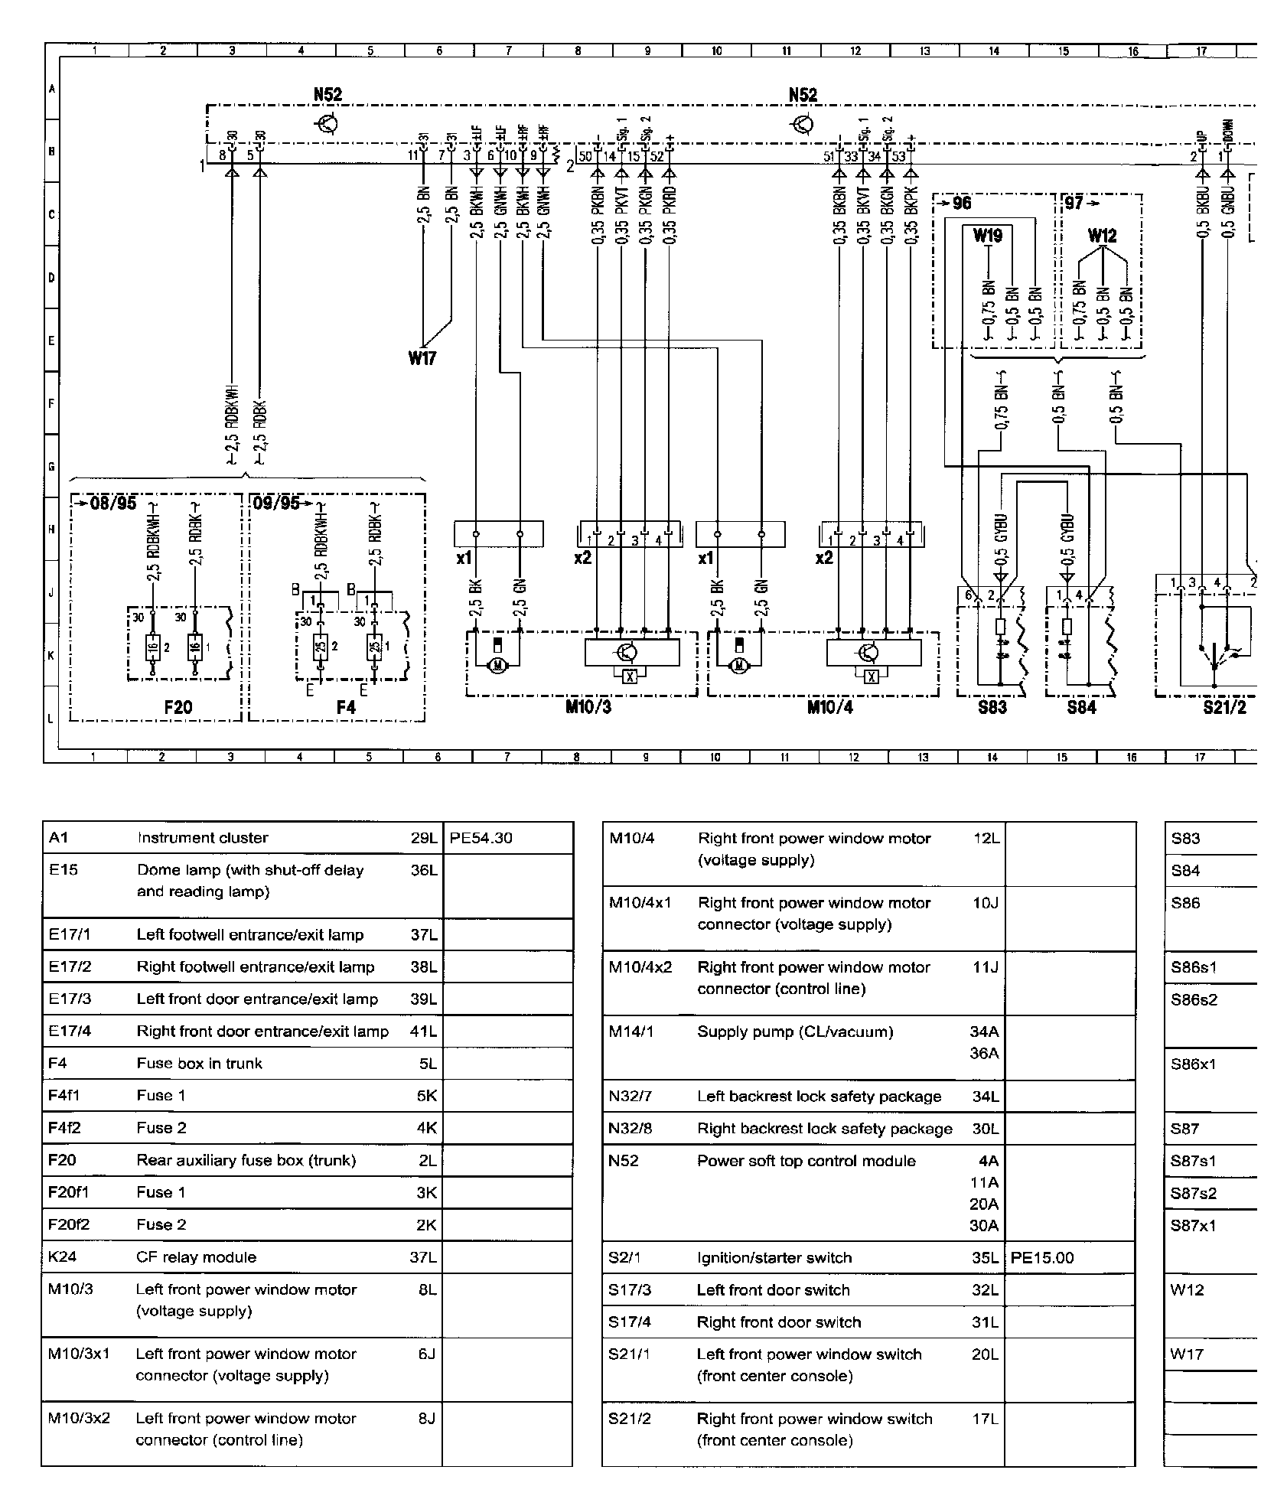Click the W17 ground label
(x=422, y=357)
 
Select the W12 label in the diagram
(x=1102, y=236)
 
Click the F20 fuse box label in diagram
(x=178, y=707)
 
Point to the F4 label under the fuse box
(x=346, y=707)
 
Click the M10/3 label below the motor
(x=588, y=707)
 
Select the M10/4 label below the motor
(x=829, y=707)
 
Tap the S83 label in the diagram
(x=992, y=707)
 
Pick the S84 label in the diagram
(x=1081, y=707)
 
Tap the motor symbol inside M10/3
(x=498, y=665)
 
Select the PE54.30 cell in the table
(x=481, y=838)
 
